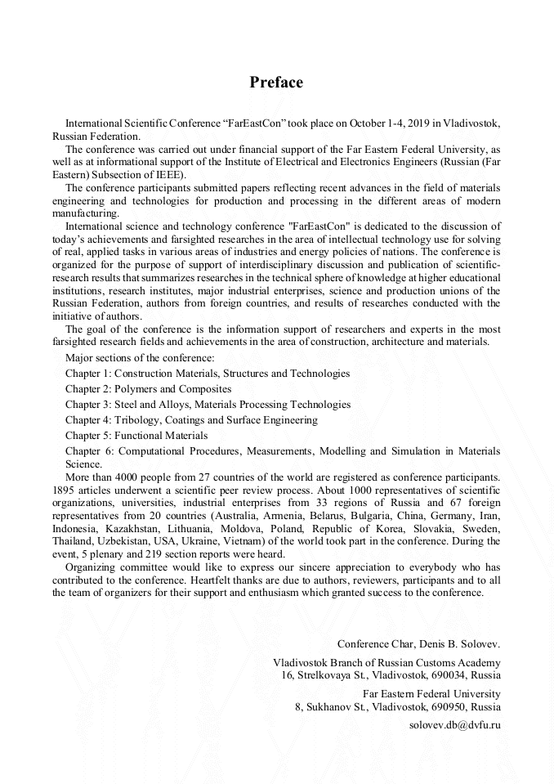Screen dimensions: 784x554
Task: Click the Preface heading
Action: [276, 83]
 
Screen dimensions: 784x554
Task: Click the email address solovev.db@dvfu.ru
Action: [454, 724]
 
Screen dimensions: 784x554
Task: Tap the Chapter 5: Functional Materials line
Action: [136, 435]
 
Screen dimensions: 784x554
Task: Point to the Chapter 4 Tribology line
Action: [191, 419]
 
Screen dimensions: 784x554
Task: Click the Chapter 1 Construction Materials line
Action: [208, 373]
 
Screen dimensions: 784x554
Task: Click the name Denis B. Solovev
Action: [455, 644]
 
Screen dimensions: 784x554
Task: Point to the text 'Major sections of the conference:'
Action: [140, 357]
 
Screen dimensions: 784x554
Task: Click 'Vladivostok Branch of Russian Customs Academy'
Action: [386, 663]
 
